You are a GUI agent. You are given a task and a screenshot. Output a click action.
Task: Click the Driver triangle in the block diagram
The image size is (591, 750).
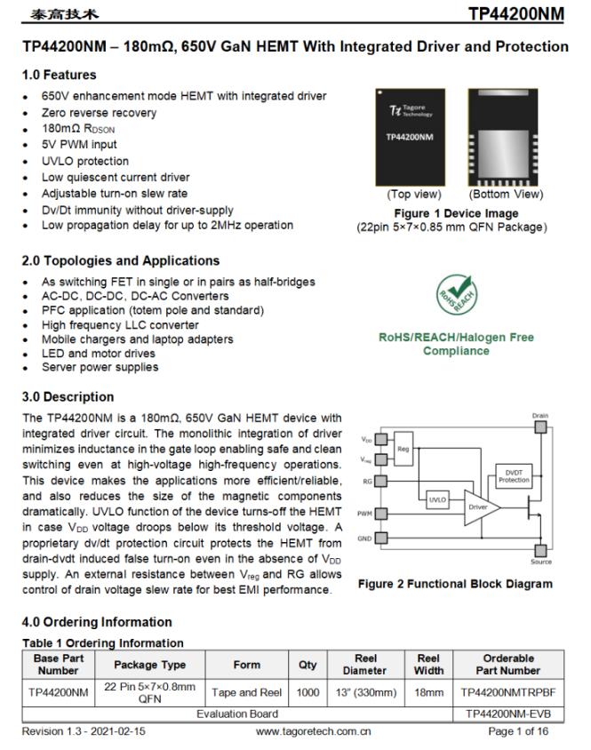point(479,507)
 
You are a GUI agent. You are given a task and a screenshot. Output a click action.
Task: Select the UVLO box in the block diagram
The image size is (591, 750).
point(437,499)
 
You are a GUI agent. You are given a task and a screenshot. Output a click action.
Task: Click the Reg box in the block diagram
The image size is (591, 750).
point(404,448)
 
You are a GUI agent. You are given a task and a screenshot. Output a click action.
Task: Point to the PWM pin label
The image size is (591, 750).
point(364,514)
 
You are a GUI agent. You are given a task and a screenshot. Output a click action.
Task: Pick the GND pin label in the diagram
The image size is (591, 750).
point(364,538)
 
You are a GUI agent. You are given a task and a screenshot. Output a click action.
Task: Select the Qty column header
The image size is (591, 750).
point(307,665)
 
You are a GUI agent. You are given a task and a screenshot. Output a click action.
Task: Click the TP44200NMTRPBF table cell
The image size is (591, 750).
point(507,691)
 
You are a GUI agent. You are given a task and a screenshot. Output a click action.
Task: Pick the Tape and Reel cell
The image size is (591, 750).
point(246,691)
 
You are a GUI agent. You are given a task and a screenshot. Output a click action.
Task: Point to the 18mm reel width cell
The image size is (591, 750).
point(428,691)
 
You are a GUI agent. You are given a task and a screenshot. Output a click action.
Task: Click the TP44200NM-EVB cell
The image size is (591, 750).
point(507,714)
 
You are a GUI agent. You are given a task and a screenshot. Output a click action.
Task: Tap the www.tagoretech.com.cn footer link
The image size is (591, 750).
point(313,732)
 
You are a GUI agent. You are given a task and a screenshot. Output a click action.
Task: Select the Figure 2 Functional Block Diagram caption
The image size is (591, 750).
point(454,584)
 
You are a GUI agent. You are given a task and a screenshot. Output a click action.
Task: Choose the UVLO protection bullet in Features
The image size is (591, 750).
point(85,161)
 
